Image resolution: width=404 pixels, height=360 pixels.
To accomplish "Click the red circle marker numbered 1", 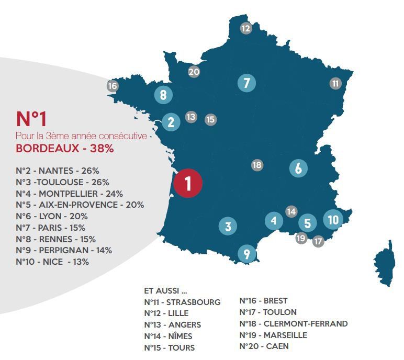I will (188, 183).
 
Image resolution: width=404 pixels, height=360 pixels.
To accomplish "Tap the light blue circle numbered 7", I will (246, 83).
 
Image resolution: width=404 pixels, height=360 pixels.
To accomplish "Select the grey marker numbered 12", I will (246, 28).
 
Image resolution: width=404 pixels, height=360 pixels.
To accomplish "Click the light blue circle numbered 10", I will (333, 220).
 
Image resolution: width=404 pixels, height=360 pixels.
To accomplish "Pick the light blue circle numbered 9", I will (246, 254).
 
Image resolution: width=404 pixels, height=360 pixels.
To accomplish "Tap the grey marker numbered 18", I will (257, 165).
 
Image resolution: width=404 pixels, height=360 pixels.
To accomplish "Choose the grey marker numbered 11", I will (335, 83).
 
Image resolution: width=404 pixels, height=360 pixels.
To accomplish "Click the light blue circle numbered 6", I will (298, 168).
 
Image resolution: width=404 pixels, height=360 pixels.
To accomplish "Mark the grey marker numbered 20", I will (194, 72).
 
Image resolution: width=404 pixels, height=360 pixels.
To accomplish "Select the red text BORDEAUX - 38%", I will (65, 148).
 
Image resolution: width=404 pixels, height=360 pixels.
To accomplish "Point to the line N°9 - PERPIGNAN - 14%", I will (64, 250).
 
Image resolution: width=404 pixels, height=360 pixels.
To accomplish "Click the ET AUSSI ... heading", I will (165, 290).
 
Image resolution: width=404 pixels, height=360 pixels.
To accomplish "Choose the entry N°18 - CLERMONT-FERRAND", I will (293, 323).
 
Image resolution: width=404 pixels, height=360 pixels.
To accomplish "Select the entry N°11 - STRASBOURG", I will (182, 302).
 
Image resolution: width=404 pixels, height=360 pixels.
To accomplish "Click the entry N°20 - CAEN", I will (264, 346).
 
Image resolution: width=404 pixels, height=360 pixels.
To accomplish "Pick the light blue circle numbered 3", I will (228, 227).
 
